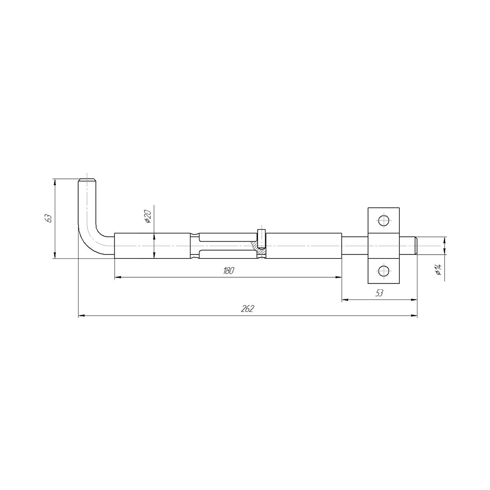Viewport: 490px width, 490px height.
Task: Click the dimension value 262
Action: (247, 309)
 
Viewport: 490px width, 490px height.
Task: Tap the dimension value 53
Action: (379, 293)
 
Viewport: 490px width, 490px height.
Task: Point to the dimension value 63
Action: (49, 218)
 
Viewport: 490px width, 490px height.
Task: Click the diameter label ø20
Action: (148, 217)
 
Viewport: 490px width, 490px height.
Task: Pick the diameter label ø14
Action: (438, 270)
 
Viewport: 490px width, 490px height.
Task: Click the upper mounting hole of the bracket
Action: (383, 220)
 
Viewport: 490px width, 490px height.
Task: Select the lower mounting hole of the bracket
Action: (383, 271)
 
